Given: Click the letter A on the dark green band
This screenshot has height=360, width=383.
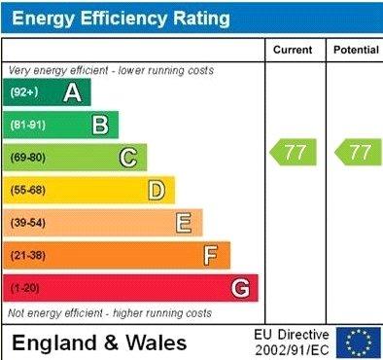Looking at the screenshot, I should [72, 92].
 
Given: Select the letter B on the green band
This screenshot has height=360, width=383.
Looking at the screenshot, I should [100, 125].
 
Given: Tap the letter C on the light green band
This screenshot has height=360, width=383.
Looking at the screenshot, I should [128, 158].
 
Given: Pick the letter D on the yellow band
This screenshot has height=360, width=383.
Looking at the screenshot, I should [157, 190].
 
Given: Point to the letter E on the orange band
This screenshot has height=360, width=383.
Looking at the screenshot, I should [184, 223].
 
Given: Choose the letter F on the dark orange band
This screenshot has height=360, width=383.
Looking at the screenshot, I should [211, 256].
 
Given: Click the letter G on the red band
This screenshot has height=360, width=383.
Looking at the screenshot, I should [240, 288].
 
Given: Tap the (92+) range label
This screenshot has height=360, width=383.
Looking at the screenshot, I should [24, 92].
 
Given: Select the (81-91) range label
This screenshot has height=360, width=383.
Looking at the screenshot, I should [28, 125].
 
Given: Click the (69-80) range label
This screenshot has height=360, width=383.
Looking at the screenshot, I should [28, 158].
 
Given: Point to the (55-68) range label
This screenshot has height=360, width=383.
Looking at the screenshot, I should [28, 190].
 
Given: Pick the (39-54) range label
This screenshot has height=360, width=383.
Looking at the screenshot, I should [28, 223].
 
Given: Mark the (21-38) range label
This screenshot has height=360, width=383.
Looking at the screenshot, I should [28, 256].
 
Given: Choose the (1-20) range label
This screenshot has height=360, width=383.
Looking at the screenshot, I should [25, 289].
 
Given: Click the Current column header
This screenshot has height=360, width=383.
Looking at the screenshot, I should [293, 50].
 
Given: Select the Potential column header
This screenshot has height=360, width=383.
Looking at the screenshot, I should [355, 50].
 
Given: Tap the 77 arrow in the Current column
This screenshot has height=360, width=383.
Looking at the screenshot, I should [292, 153].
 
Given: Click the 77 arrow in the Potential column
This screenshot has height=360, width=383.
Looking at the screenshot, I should [357, 153].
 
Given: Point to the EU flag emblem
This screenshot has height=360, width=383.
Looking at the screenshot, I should [360, 342].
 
